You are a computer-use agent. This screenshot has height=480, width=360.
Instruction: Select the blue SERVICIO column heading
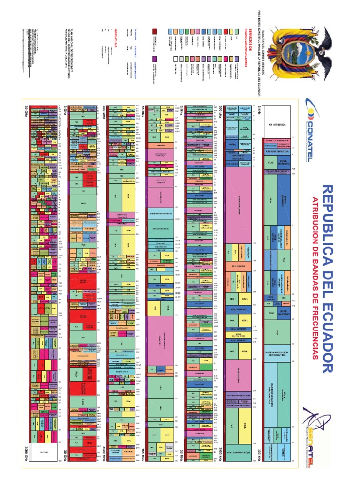click(x=136, y=32)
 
